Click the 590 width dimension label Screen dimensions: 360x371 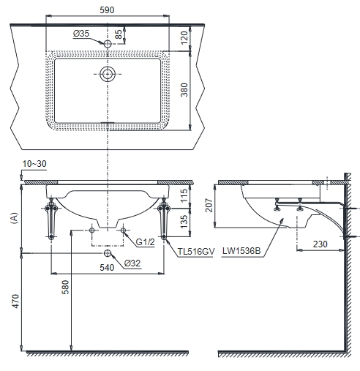coord(107,10)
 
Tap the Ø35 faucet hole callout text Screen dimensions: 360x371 coord(81,34)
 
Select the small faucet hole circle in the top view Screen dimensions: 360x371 coord(108,44)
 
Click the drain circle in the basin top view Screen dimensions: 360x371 coord(108,74)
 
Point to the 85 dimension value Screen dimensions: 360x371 coord(119,34)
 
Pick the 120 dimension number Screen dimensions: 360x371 coord(184,38)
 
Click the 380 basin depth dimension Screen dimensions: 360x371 coord(184,90)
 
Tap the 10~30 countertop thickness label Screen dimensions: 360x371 coord(34,164)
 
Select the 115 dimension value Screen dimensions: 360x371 coord(184,195)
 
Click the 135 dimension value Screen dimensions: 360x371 coord(184,222)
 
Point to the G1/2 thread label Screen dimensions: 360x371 coord(145,242)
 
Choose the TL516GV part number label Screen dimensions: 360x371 coord(196,252)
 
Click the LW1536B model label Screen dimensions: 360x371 coord(241,251)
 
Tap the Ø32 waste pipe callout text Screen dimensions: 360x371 coord(132,263)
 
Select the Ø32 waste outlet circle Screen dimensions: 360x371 coord(107,253)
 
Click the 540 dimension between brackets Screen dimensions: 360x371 coord(107,268)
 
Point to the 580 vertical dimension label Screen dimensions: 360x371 coord(66,288)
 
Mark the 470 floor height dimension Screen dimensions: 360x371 coord(16,301)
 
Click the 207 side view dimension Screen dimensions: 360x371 coord(209,205)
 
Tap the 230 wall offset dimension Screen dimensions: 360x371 coord(320,244)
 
